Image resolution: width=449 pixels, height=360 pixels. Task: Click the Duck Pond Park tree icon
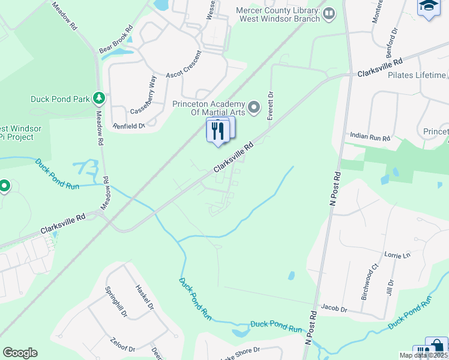pos(99,98)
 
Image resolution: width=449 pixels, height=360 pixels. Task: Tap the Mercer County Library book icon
pos(329,13)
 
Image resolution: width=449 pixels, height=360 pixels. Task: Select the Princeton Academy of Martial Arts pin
pos(254,108)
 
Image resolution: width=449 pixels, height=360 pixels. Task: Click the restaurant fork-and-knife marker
pos(218,130)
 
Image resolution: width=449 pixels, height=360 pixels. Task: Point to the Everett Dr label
pos(271,106)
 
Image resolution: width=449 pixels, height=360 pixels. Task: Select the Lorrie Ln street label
pos(397,255)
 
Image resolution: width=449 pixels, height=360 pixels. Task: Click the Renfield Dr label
pos(129,127)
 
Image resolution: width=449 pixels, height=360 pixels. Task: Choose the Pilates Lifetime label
pos(417,75)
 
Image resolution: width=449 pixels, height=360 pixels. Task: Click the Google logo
pos(20,353)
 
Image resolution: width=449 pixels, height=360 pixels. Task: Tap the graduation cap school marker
pos(428,7)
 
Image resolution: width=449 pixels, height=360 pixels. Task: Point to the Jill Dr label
pos(391,290)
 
